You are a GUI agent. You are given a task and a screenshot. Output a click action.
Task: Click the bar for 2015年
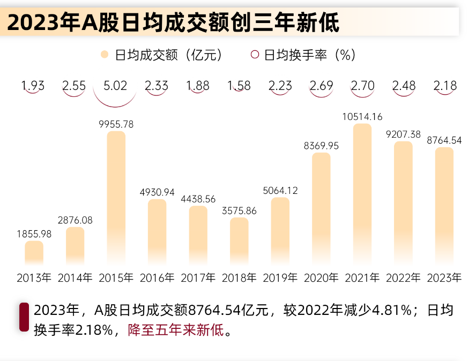coord(116,198)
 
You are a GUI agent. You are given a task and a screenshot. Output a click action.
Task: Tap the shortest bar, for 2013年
coord(34,253)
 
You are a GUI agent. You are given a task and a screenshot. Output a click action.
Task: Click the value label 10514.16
coord(362,117)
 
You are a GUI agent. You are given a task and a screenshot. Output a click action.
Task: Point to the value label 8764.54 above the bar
coord(444,140)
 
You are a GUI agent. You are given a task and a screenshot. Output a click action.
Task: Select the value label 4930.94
coord(157,192)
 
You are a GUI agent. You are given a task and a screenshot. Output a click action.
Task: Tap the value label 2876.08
coord(75,220)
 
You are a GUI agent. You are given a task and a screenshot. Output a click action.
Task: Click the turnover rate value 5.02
coord(116,86)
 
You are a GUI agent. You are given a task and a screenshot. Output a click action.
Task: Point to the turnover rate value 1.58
coord(239,86)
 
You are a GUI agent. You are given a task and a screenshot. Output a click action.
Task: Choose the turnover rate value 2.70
coord(362,86)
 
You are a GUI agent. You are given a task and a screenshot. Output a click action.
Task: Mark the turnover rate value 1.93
coord(33,86)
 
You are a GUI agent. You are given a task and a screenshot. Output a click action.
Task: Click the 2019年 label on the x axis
coord(280,278)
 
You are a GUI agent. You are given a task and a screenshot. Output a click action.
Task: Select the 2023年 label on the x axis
coord(444,278)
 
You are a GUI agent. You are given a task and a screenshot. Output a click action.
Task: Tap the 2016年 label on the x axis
coord(157,278)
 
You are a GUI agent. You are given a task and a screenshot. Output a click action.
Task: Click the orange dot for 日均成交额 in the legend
coord(105,55)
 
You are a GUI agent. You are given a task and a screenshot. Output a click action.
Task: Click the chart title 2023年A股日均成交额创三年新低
coord(173,23)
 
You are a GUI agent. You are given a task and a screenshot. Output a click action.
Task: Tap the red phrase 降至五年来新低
coord(175,329)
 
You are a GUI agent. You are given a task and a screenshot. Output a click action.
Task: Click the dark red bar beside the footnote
coord(24,317)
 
